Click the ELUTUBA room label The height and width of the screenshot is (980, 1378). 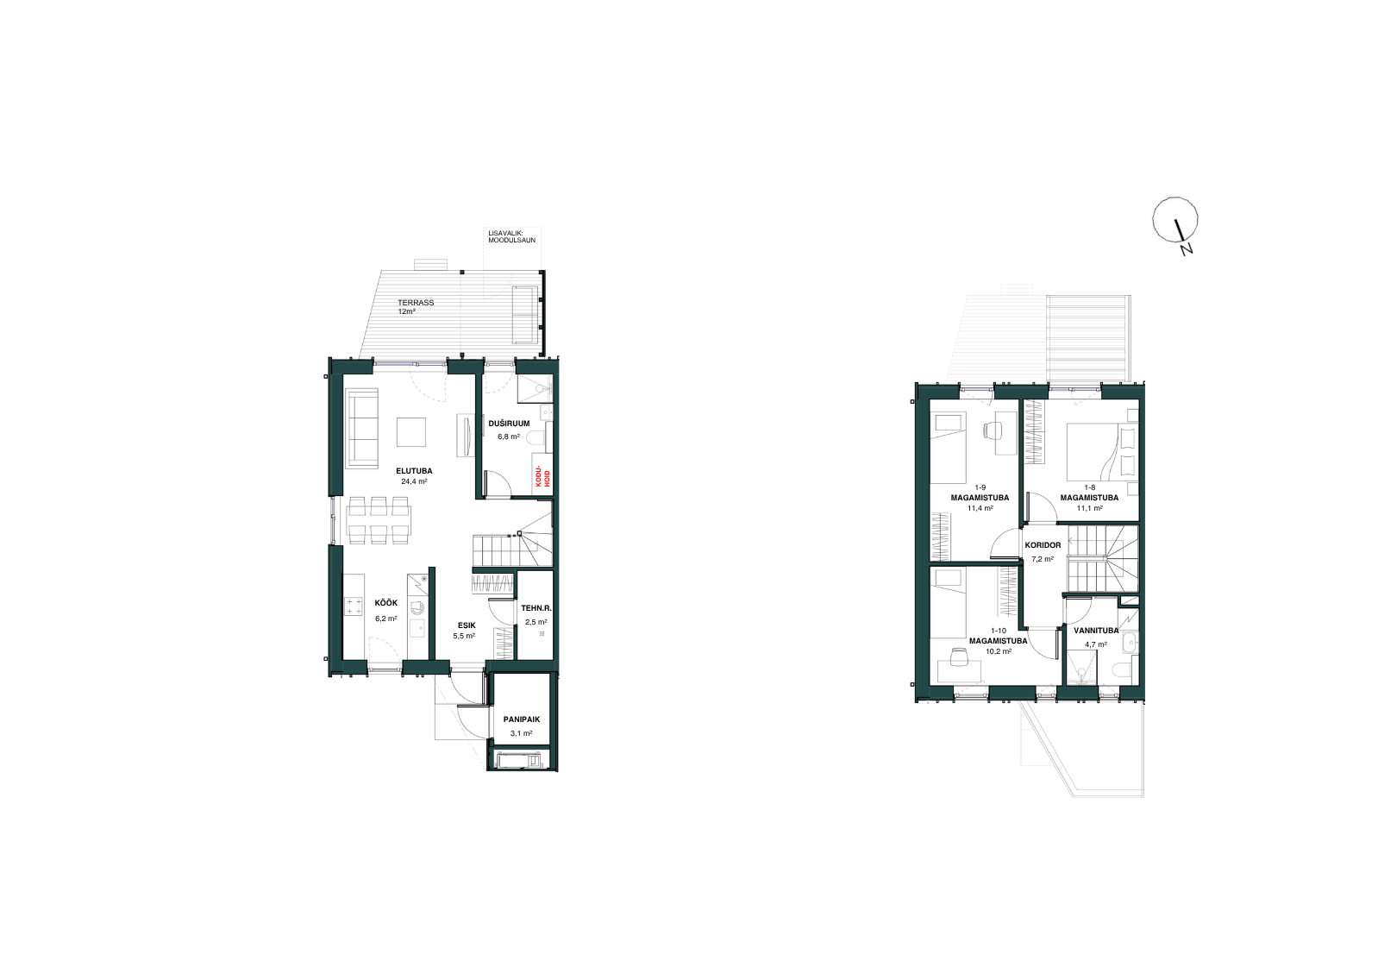point(414,472)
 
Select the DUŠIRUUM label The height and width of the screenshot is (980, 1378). point(509,424)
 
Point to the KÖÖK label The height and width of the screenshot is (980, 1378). point(385,603)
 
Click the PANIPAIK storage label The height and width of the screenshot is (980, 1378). point(521,719)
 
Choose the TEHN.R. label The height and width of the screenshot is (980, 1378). point(536,608)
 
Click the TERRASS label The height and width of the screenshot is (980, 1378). point(416,303)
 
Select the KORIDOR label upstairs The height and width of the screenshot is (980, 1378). point(1043,545)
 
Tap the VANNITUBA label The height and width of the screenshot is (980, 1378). point(1096,631)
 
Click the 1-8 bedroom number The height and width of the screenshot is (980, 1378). point(1089,487)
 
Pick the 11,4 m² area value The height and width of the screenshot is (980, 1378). point(980,508)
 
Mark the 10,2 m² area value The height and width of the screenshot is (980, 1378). point(999,650)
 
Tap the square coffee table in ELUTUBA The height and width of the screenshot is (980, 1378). point(411,431)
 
